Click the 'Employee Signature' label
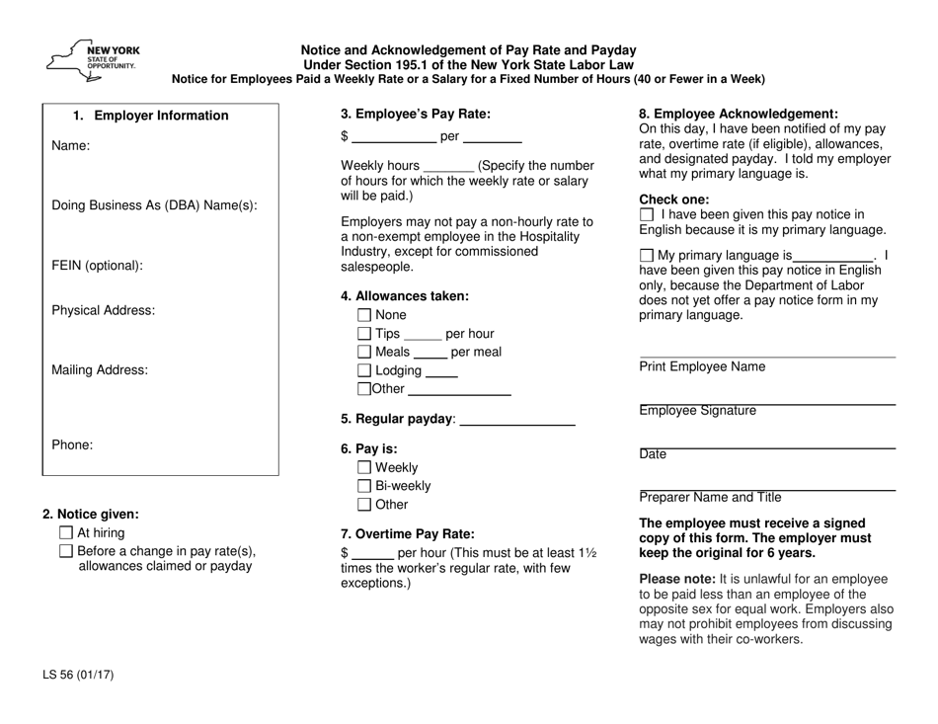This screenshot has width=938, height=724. [x=698, y=410]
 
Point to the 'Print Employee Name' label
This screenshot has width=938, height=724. [x=701, y=366]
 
